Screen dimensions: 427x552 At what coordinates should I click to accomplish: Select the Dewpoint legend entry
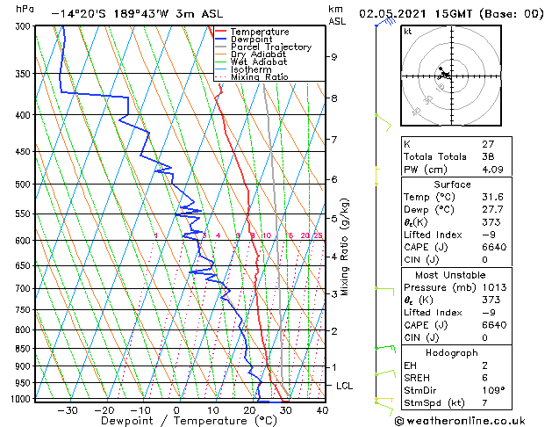coord(250,39)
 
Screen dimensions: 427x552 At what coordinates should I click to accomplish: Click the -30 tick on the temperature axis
coord(68,409)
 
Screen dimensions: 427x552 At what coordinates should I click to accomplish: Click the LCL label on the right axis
coord(346,386)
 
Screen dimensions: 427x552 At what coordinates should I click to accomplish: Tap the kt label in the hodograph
coord(408,31)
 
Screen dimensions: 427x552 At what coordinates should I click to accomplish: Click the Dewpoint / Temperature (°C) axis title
coord(177,422)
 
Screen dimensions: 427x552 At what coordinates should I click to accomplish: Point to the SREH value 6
coord(485,378)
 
